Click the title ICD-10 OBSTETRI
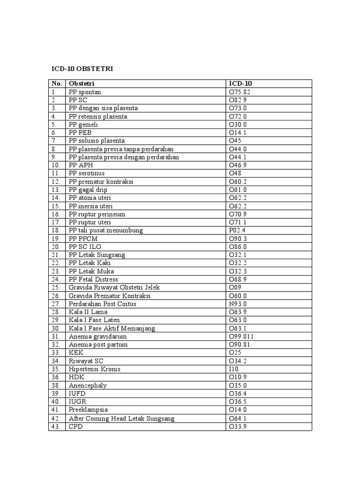(x=82, y=69)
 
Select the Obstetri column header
(x=82, y=83)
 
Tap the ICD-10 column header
(x=240, y=83)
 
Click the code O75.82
(x=240, y=92)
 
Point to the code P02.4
(x=237, y=231)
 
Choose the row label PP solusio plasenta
(x=97, y=141)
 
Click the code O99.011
(x=241, y=337)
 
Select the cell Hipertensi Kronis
(x=95, y=369)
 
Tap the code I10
(x=233, y=369)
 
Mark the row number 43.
(x=56, y=427)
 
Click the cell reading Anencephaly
(x=88, y=385)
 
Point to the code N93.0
(x=238, y=304)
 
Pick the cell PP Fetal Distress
(x=93, y=279)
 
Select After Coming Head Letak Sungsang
(x=121, y=418)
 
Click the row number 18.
(x=56, y=231)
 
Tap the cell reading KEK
(x=76, y=352)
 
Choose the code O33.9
(x=238, y=427)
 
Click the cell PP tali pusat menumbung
(x=105, y=231)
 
